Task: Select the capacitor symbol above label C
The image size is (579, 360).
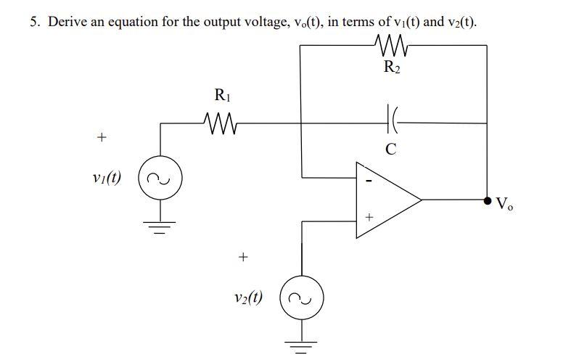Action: coord(393,123)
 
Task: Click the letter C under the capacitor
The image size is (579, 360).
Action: coord(391,150)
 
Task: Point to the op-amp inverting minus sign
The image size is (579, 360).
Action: coord(368,179)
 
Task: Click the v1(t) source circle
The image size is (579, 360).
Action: coord(160,178)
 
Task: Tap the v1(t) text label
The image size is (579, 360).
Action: coord(107,177)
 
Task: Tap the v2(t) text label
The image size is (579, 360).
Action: coord(248,297)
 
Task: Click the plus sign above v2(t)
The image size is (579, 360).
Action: coord(243,256)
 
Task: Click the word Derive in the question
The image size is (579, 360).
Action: coord(66,22)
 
